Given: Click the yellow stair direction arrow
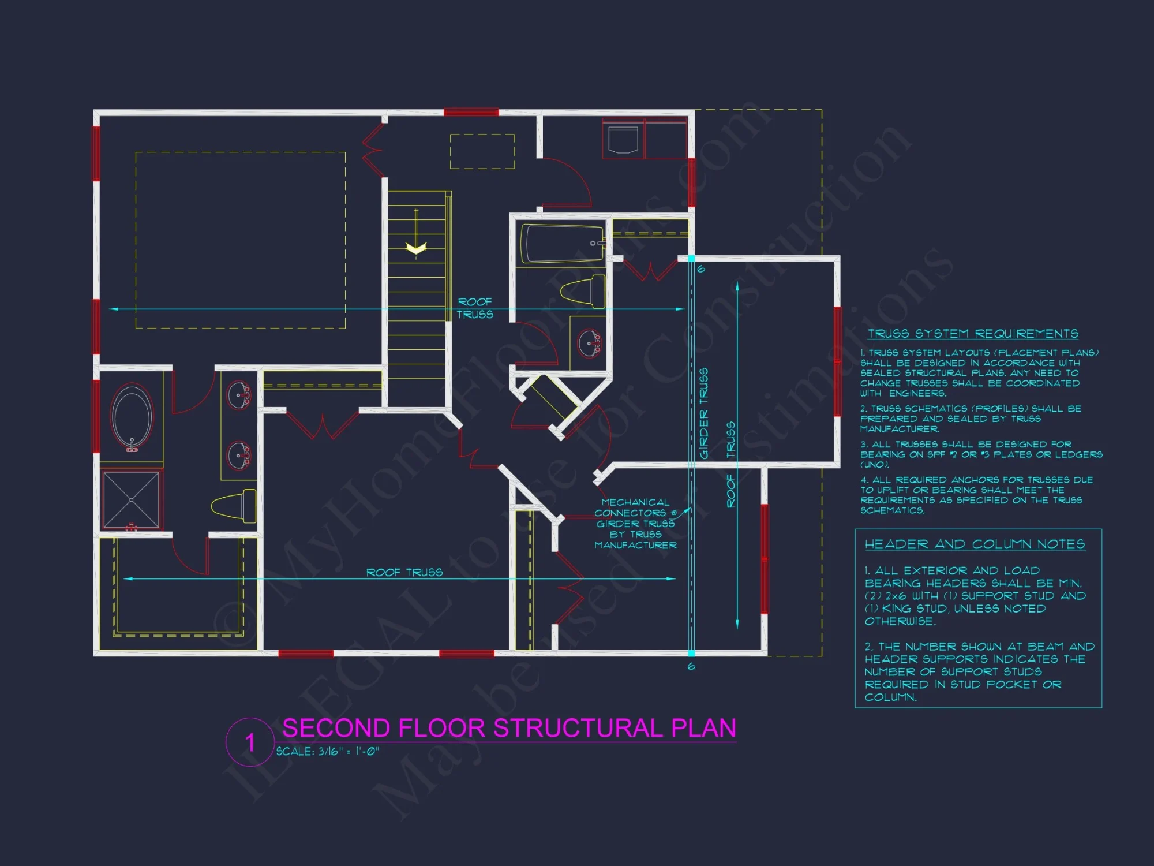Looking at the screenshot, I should (416, 248).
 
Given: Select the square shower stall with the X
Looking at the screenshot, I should (131, 499).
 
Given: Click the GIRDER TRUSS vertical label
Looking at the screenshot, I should (703, 413).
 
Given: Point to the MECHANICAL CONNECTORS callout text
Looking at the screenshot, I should (635, 523).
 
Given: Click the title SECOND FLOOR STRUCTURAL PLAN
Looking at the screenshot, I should (509, 728).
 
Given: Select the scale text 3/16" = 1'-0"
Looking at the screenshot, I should (327, 751).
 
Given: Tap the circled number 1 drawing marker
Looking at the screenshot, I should (250, 742).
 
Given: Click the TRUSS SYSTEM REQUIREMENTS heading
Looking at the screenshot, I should (973, 334).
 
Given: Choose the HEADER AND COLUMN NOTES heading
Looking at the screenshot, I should (975, 544).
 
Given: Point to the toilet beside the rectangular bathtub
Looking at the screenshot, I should (584, 292).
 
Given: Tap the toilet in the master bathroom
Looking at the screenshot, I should (234, 506).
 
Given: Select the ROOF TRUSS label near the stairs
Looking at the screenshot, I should (475, 308).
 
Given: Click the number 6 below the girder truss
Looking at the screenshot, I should (691, 667).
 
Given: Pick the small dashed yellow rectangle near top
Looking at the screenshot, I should (482, 151).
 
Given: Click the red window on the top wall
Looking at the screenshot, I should (471, 112).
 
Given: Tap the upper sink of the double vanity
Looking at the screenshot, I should (238, 395).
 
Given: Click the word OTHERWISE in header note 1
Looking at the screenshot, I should (900, 621).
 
